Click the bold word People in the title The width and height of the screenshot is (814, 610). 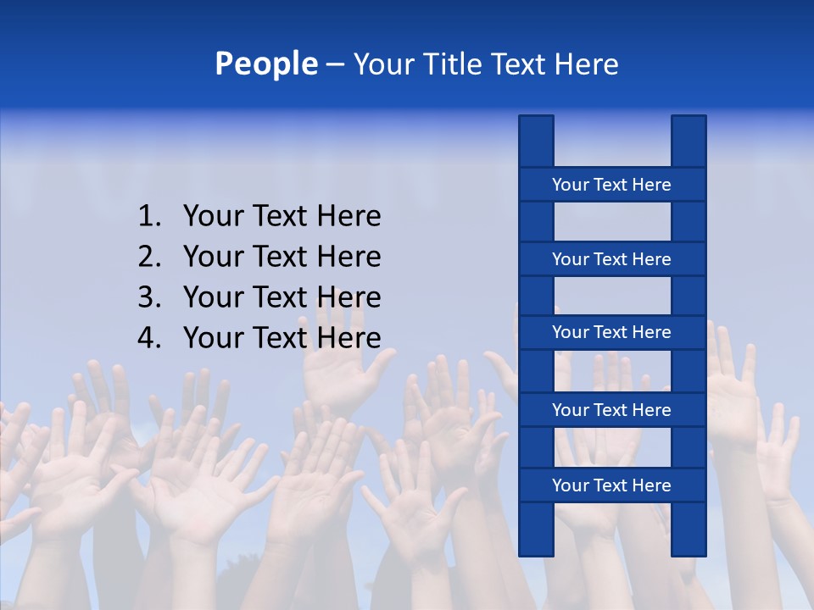[x=266, y=64]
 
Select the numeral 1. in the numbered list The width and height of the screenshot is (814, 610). [x=149, y=216]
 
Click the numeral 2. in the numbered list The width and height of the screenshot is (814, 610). [x=149, y=257]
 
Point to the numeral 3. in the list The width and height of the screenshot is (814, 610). [x=149, y=297]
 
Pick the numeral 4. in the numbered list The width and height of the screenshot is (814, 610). [x=149, y=338]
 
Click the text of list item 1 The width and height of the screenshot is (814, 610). [x=282, y=216]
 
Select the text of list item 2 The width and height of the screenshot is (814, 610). [x=282, y=257]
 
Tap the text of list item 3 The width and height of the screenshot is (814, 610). [x=282, y=297]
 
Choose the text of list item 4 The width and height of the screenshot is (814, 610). [x=282, y=338]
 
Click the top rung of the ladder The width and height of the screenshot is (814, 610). [x=611, y=185]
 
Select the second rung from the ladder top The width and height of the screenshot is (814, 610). [x=611, y=259]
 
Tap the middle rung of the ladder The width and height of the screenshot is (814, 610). [x=611, y=332]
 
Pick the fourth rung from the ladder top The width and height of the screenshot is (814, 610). [x=611, y=410]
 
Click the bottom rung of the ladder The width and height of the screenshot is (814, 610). [x=611, y=485]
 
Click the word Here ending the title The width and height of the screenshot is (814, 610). [x=587, y=64]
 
